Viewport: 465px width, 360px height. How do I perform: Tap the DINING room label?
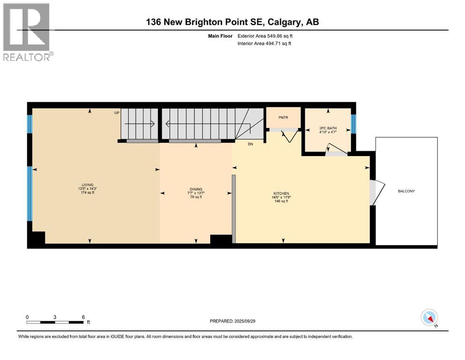[x=196, y=189]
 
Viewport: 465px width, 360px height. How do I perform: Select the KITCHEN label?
[x=281, y=193]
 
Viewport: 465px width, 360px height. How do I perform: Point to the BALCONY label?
[x=406, y=191]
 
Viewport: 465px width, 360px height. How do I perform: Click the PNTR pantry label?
[x=282, y=118]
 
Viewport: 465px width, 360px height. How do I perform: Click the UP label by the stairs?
[x=117, y=113]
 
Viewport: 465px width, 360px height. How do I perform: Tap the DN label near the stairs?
[x=251, y=144]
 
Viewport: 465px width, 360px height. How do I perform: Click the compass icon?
[x=429, y=317]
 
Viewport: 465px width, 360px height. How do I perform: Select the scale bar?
[x=55, y=322]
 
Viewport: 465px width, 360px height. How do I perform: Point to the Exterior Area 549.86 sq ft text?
[x=266, y=36]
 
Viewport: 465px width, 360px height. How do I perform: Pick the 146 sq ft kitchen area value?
[x=281, y=201]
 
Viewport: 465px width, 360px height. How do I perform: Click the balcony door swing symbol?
[x=376, y=192]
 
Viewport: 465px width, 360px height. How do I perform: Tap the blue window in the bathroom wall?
[x=354, y=123]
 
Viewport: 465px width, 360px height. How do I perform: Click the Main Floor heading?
[x=221, y=36]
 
